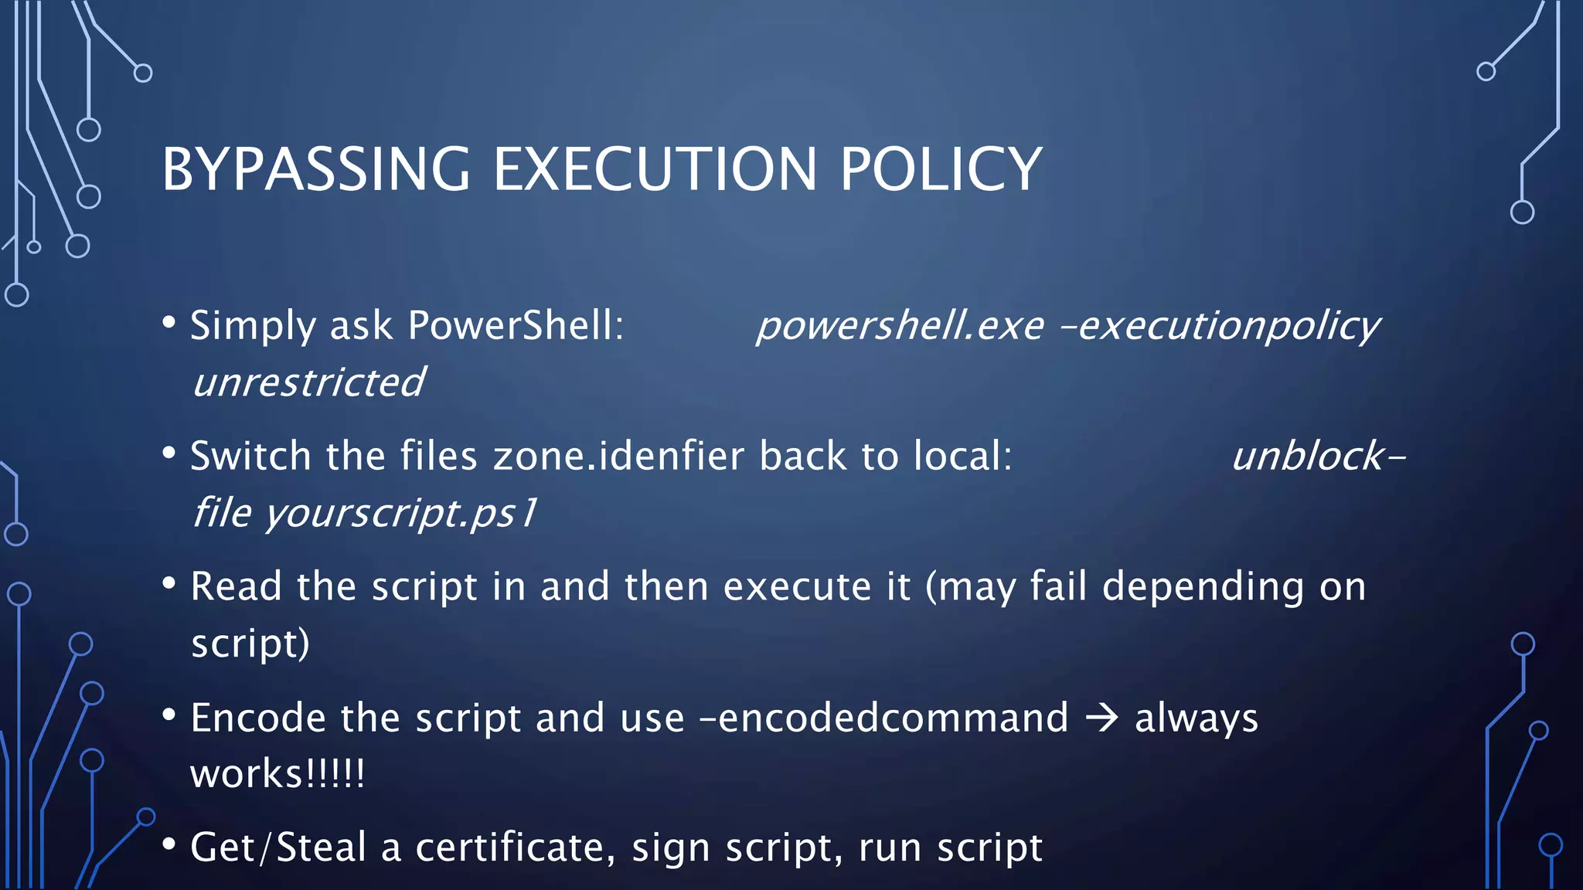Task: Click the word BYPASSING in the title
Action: click(315, 169)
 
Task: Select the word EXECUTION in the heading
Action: click(655, 169)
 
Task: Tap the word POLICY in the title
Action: click(941, 169)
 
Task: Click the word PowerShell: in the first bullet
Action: click(516, 325)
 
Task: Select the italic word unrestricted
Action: click(308, 382)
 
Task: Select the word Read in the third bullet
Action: click(236, 586)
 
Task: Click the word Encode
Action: click(258, 718)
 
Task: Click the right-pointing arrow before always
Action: click(1102, 718)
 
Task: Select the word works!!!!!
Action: click(277, 774)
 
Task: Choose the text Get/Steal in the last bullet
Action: click(278, 848)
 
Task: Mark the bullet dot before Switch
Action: click(169, 453)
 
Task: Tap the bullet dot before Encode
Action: click(169, 715)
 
